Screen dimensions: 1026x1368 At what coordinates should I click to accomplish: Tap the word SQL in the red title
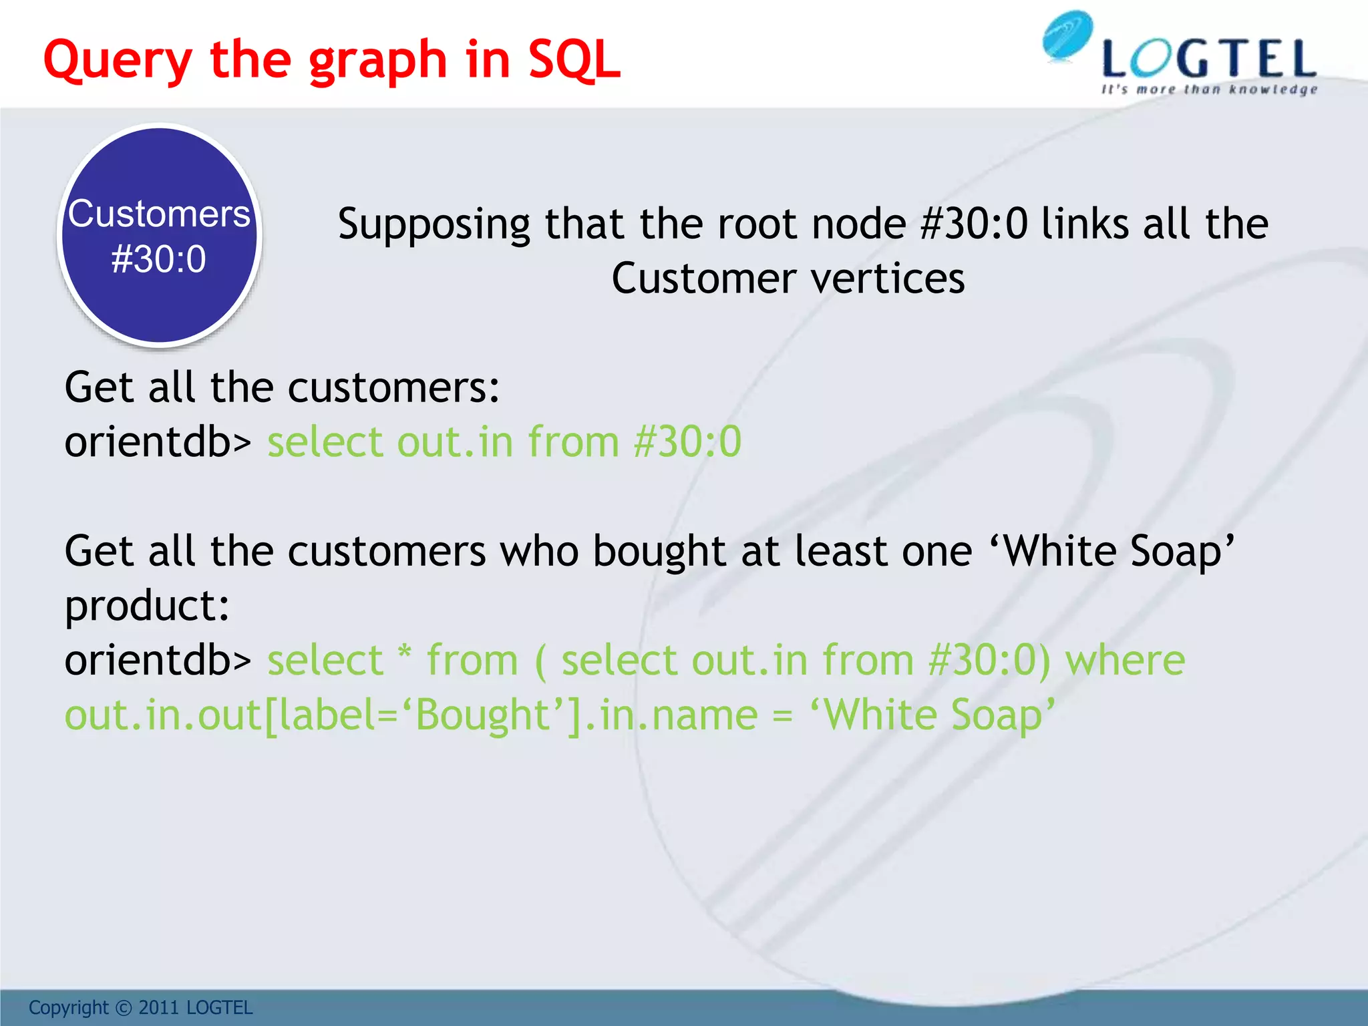coord(574,60)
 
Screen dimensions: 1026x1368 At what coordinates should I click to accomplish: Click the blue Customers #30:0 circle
coord(159,235)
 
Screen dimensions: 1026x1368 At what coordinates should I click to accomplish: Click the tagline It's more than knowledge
coord(1209,90)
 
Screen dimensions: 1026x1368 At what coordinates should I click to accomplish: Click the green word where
coord(1125,661)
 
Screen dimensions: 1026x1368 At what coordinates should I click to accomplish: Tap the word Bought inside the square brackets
coord(482,715)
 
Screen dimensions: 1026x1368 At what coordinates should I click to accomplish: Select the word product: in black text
coord(147,607)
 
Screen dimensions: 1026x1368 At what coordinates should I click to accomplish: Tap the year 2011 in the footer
coord(159,1008)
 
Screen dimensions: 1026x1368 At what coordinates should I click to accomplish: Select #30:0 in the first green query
coord(687,442)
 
